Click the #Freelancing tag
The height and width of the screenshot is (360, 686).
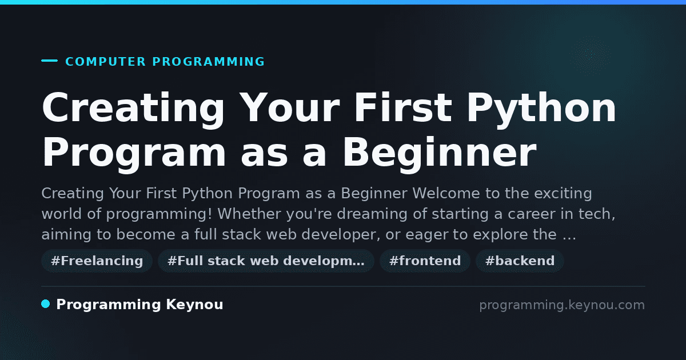coord(97,261)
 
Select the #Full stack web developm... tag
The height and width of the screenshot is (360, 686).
coord(266,261)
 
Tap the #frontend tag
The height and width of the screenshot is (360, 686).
coord(425,261)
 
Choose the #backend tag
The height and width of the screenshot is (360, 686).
coord(520,261)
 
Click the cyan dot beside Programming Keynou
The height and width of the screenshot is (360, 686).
coord(46,304)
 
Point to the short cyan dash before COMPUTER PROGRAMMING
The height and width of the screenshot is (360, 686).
coord(49,61)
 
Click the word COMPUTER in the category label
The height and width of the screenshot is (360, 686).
coord(106,62)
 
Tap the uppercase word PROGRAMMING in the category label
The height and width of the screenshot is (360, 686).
coord(209,62)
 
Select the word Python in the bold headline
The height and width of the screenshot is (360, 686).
coord(541,109)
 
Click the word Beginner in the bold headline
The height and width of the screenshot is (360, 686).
coord(440,153)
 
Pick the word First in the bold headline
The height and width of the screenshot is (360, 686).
coord(403,107)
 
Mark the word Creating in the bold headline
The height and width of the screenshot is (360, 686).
coord(133,109)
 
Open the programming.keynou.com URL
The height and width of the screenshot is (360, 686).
coord(562,305)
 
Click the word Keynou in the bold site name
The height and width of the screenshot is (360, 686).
coord(194,305)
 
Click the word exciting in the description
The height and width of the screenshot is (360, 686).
coord(563,194)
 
